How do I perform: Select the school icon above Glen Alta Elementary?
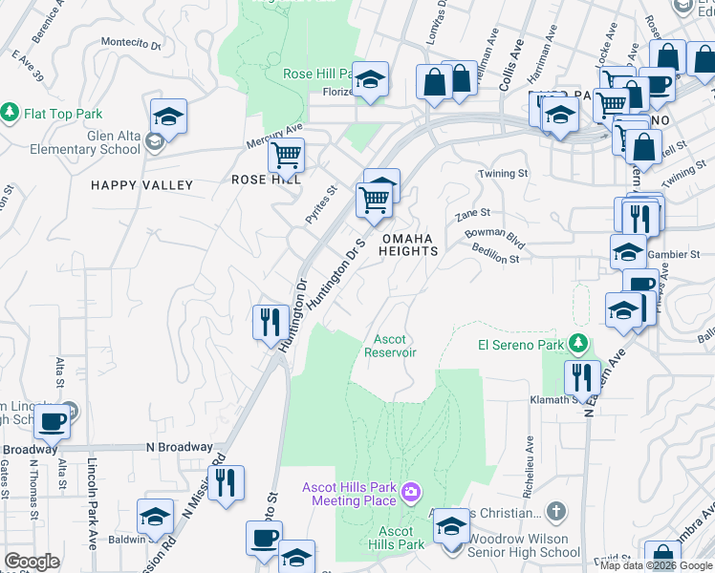[168, 117]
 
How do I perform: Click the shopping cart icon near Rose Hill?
[286, 155]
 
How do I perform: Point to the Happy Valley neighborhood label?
[141, 184]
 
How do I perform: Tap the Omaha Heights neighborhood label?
[409, 244]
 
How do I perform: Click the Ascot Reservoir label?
[390, 346]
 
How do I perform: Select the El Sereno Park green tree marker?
[576, 342]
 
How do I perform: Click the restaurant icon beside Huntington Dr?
[271, 322]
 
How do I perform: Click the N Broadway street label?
[179, 447]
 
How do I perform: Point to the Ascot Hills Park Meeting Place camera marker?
[412, 493]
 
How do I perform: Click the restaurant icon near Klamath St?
[581, 377]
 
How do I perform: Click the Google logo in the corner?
[32, 562]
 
